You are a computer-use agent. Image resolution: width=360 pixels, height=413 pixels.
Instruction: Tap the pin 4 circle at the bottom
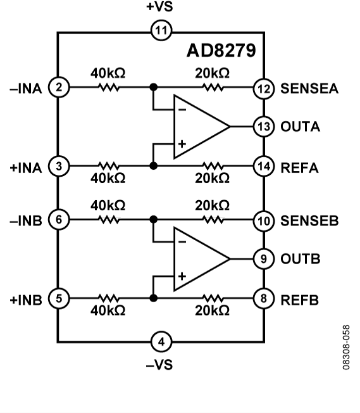point(161,342)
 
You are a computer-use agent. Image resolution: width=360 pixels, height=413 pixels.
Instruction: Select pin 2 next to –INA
point(58,87)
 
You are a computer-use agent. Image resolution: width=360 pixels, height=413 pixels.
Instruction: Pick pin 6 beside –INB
point(58,220)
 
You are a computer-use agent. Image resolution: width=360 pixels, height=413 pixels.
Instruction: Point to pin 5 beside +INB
point(58,298)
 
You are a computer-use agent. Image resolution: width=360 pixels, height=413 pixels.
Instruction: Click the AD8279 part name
point(221,50)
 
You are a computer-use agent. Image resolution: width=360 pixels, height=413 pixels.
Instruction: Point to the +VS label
point(159,8)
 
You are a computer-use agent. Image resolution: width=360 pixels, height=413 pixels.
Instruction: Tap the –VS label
point(159,365)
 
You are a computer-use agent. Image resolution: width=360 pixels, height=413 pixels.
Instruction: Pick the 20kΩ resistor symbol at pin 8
point(211,298)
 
